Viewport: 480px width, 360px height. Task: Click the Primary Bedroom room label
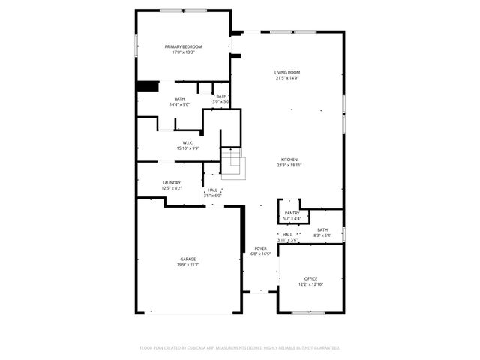tap(184, 46)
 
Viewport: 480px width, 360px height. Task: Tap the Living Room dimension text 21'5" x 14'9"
tap(292, 77)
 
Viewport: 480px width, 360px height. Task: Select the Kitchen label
tap(289, 160)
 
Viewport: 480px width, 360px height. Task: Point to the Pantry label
tap(292, 213)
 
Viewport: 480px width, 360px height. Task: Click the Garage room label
tap(187, 259)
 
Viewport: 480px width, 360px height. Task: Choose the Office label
tap(311, 278)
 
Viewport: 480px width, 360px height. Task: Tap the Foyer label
tap(260, 248)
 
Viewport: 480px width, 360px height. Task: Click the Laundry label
tap(171, 183)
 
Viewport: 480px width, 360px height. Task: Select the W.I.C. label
tap(187, 142)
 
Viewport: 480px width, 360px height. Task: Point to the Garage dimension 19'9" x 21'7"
tap(187, 265)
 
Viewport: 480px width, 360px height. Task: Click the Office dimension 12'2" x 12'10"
tap(311, 284)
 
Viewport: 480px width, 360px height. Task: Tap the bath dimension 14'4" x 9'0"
tap(179, 104)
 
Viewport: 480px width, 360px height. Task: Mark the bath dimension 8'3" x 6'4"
tap(322, 236)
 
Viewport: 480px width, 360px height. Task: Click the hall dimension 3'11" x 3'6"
tap(287, 240)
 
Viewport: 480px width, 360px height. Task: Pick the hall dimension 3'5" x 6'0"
tap(213, 196)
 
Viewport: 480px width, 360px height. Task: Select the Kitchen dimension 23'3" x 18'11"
tap(289, 166)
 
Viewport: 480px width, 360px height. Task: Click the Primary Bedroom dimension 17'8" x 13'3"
tap(184, 52)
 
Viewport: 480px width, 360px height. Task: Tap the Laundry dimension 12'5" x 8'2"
tap(171, 189)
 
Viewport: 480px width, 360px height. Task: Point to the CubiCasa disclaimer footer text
tap(240, 348)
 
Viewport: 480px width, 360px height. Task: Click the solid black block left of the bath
tap(147, 86)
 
